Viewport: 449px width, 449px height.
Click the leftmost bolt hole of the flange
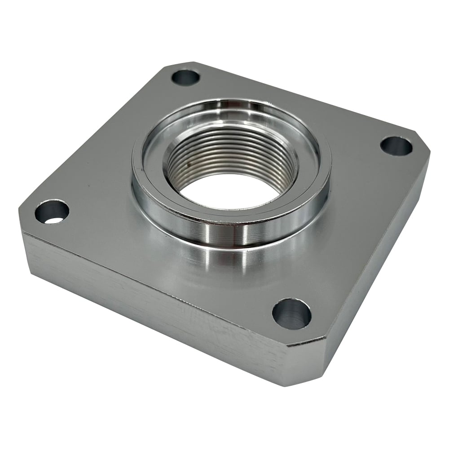click(x=52, y=211)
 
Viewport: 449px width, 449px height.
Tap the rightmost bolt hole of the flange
click(x=396, y=146)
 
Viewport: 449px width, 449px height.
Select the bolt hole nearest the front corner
click(x=291, y=313)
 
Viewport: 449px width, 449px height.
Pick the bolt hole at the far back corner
click(x=185, y=77)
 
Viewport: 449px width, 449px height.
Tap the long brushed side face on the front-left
click(x=148, y=305)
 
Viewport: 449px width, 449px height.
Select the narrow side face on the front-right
click(x=382, y=269)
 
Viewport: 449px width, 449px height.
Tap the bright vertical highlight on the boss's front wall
click(x=245, y=236)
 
